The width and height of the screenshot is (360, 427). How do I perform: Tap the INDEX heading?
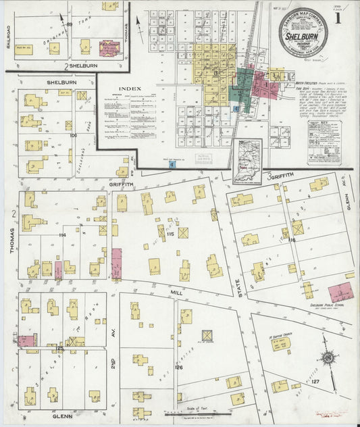click(129, 89)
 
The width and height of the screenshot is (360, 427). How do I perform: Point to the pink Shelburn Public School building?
click(342, 293)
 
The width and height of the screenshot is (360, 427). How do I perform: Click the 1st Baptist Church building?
click(281, 343)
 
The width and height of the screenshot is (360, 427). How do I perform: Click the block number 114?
click(61, 234)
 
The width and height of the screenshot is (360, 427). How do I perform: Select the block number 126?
click(178, 367)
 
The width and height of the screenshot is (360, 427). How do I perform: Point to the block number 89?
click(69, 25)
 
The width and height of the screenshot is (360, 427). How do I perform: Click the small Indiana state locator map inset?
click(247, 161)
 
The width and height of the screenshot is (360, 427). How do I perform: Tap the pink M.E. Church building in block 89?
click(106, 48)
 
